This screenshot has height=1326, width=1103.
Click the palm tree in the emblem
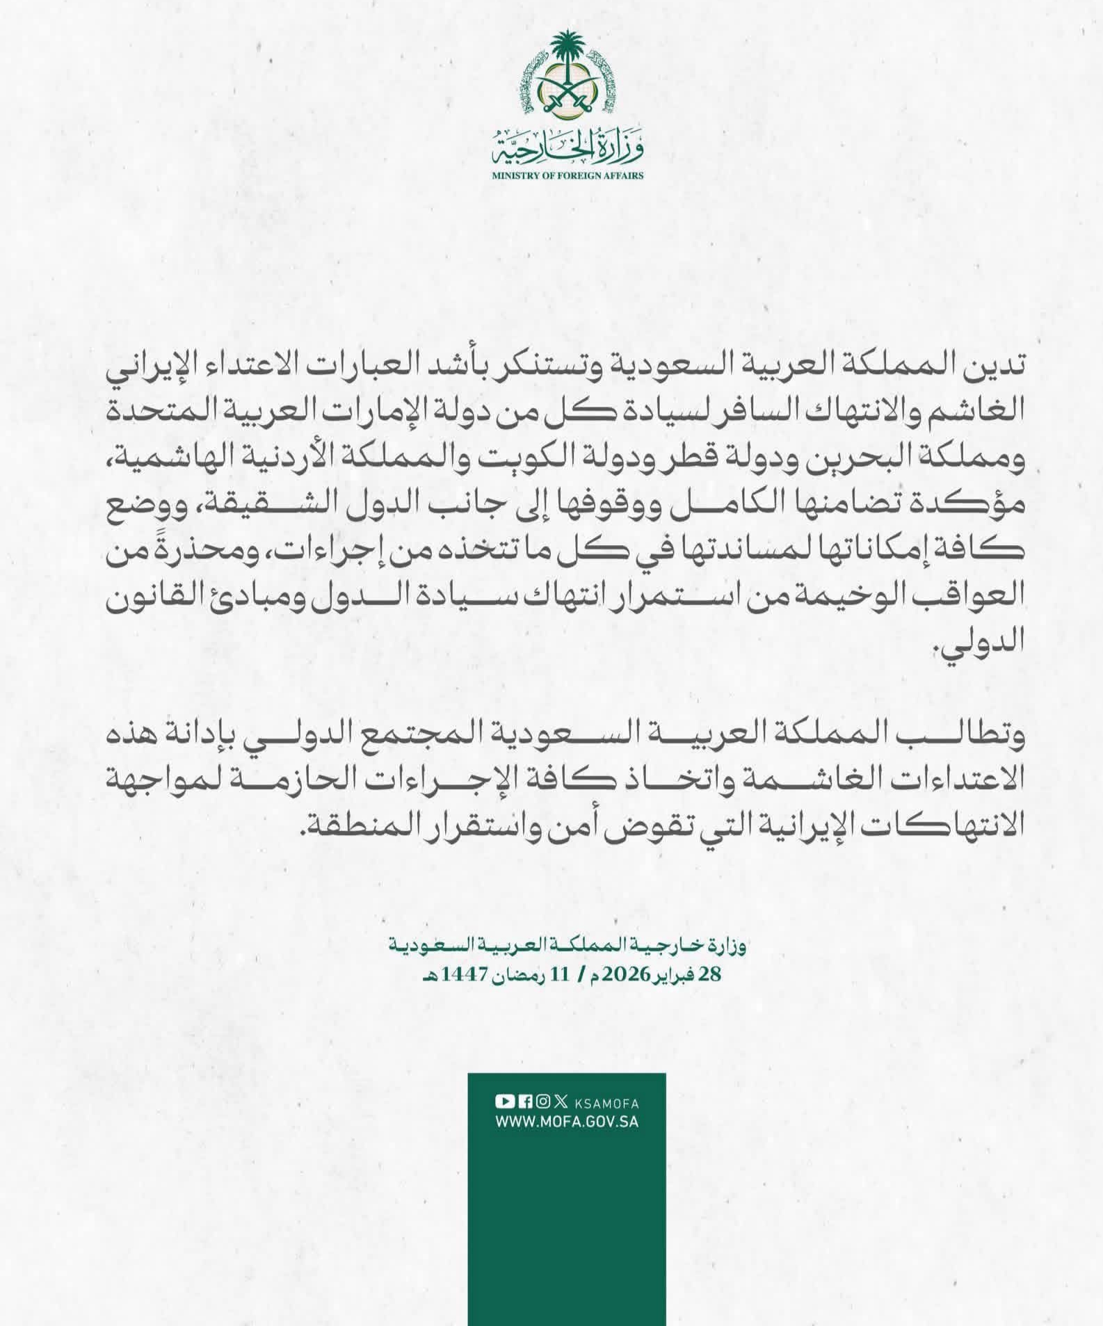coord(567,52)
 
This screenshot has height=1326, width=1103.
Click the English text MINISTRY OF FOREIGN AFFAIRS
coord(567,176)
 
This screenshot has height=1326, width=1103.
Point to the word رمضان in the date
coord(512,975)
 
